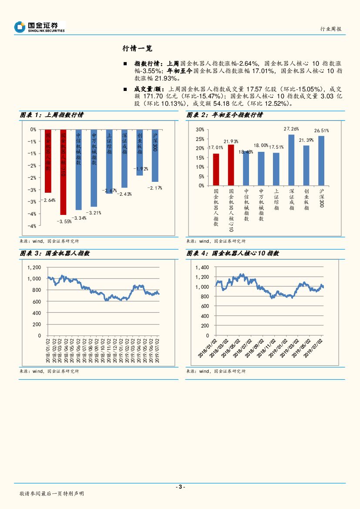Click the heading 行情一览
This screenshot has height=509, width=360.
137,48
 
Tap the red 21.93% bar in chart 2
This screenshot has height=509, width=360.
231,165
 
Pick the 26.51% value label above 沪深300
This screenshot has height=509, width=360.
321,130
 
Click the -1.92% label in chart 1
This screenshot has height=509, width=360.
141,168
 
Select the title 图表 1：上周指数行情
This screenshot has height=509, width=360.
52,115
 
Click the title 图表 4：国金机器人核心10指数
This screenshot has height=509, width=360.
232,253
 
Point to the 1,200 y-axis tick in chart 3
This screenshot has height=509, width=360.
34,268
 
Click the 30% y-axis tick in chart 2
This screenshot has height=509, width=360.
200,130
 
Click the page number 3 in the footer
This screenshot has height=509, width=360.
180,487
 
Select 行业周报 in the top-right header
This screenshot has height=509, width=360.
331,29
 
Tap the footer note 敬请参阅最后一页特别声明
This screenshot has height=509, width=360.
51,494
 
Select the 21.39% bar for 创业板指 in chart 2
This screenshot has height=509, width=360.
306,165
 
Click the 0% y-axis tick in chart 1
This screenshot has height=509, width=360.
33,130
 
